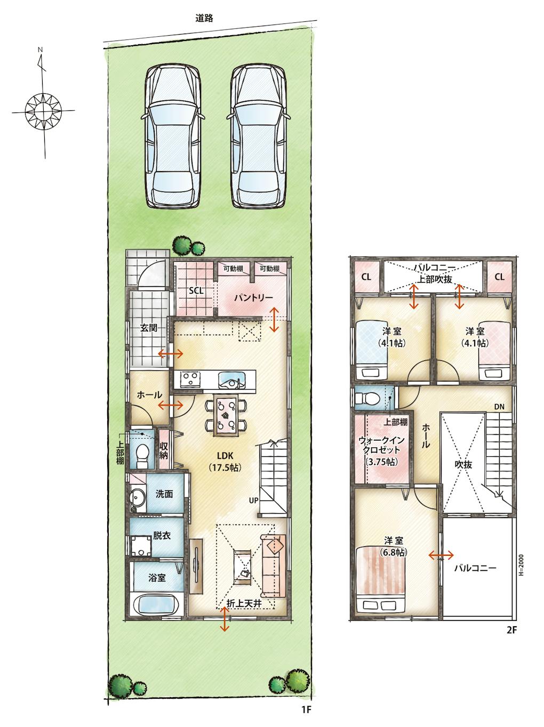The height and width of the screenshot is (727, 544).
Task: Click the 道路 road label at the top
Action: (x=204, y=18)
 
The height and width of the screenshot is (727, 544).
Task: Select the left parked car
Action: (x=173, y=136)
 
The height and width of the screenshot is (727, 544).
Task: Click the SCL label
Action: (x=196, y=291)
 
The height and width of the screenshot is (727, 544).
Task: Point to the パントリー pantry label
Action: (x=253, y=298)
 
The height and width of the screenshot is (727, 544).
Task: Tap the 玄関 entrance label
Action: (x=148, y=328)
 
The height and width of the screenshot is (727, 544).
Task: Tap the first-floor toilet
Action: (x=142, y=455)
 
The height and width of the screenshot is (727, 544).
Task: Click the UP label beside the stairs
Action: (x=253, y=500)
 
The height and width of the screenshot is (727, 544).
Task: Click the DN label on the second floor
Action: (x=499, y=407)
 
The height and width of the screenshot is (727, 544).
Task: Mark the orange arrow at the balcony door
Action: (x=441, y=555)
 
